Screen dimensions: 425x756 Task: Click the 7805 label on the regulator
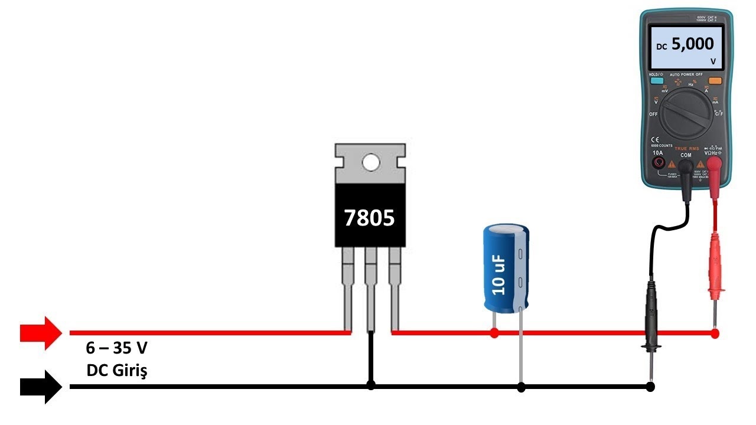pyautogui.click(x=370, y=218)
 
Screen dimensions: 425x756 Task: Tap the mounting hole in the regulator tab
pyautogui.click(x=370, y=162)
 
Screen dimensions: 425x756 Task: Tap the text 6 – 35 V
pyautogui.click(x=116, y=348)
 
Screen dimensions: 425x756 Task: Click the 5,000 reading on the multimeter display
pyautogui.click(x=692, y=44)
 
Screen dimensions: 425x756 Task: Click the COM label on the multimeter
pyautogui.click(x=686, y=155)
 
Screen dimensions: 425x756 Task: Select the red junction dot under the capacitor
pyautogui.click(x=494, y=334)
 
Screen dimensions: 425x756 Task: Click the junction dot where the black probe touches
pyautogui.click(x=650, y=387)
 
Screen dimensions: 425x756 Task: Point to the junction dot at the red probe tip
pyautogui.click(x=715, y=334)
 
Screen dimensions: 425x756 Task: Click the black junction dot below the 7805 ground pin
pyautogui.click(x=371, y=385)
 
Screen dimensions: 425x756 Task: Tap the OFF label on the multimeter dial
pyautogui.click(x=653, y=114)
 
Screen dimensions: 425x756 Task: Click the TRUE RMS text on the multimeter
pyautogui.click(x=686, y=148)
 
